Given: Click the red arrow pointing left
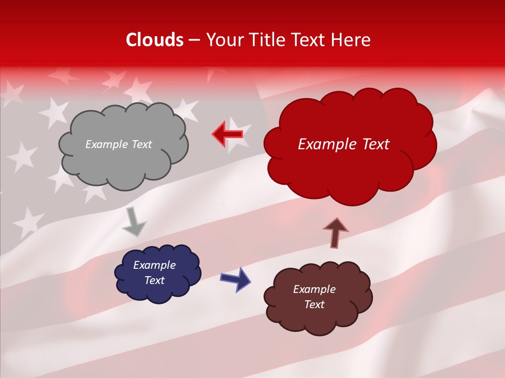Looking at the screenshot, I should tap(228, 134).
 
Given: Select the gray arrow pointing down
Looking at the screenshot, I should tap(134, 222).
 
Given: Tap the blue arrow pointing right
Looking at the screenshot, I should tap(235, 279).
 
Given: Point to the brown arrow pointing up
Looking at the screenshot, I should tap(335, 233).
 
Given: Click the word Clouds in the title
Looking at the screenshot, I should tap(155, 40).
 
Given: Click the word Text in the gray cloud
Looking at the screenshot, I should tap(142, 144).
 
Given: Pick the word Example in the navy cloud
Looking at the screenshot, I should tap(154, 265).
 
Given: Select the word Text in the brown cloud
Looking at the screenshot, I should tap(314, 304).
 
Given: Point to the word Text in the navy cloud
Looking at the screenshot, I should tap(154, 280).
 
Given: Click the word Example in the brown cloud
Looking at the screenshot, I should tap(314, 289).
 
